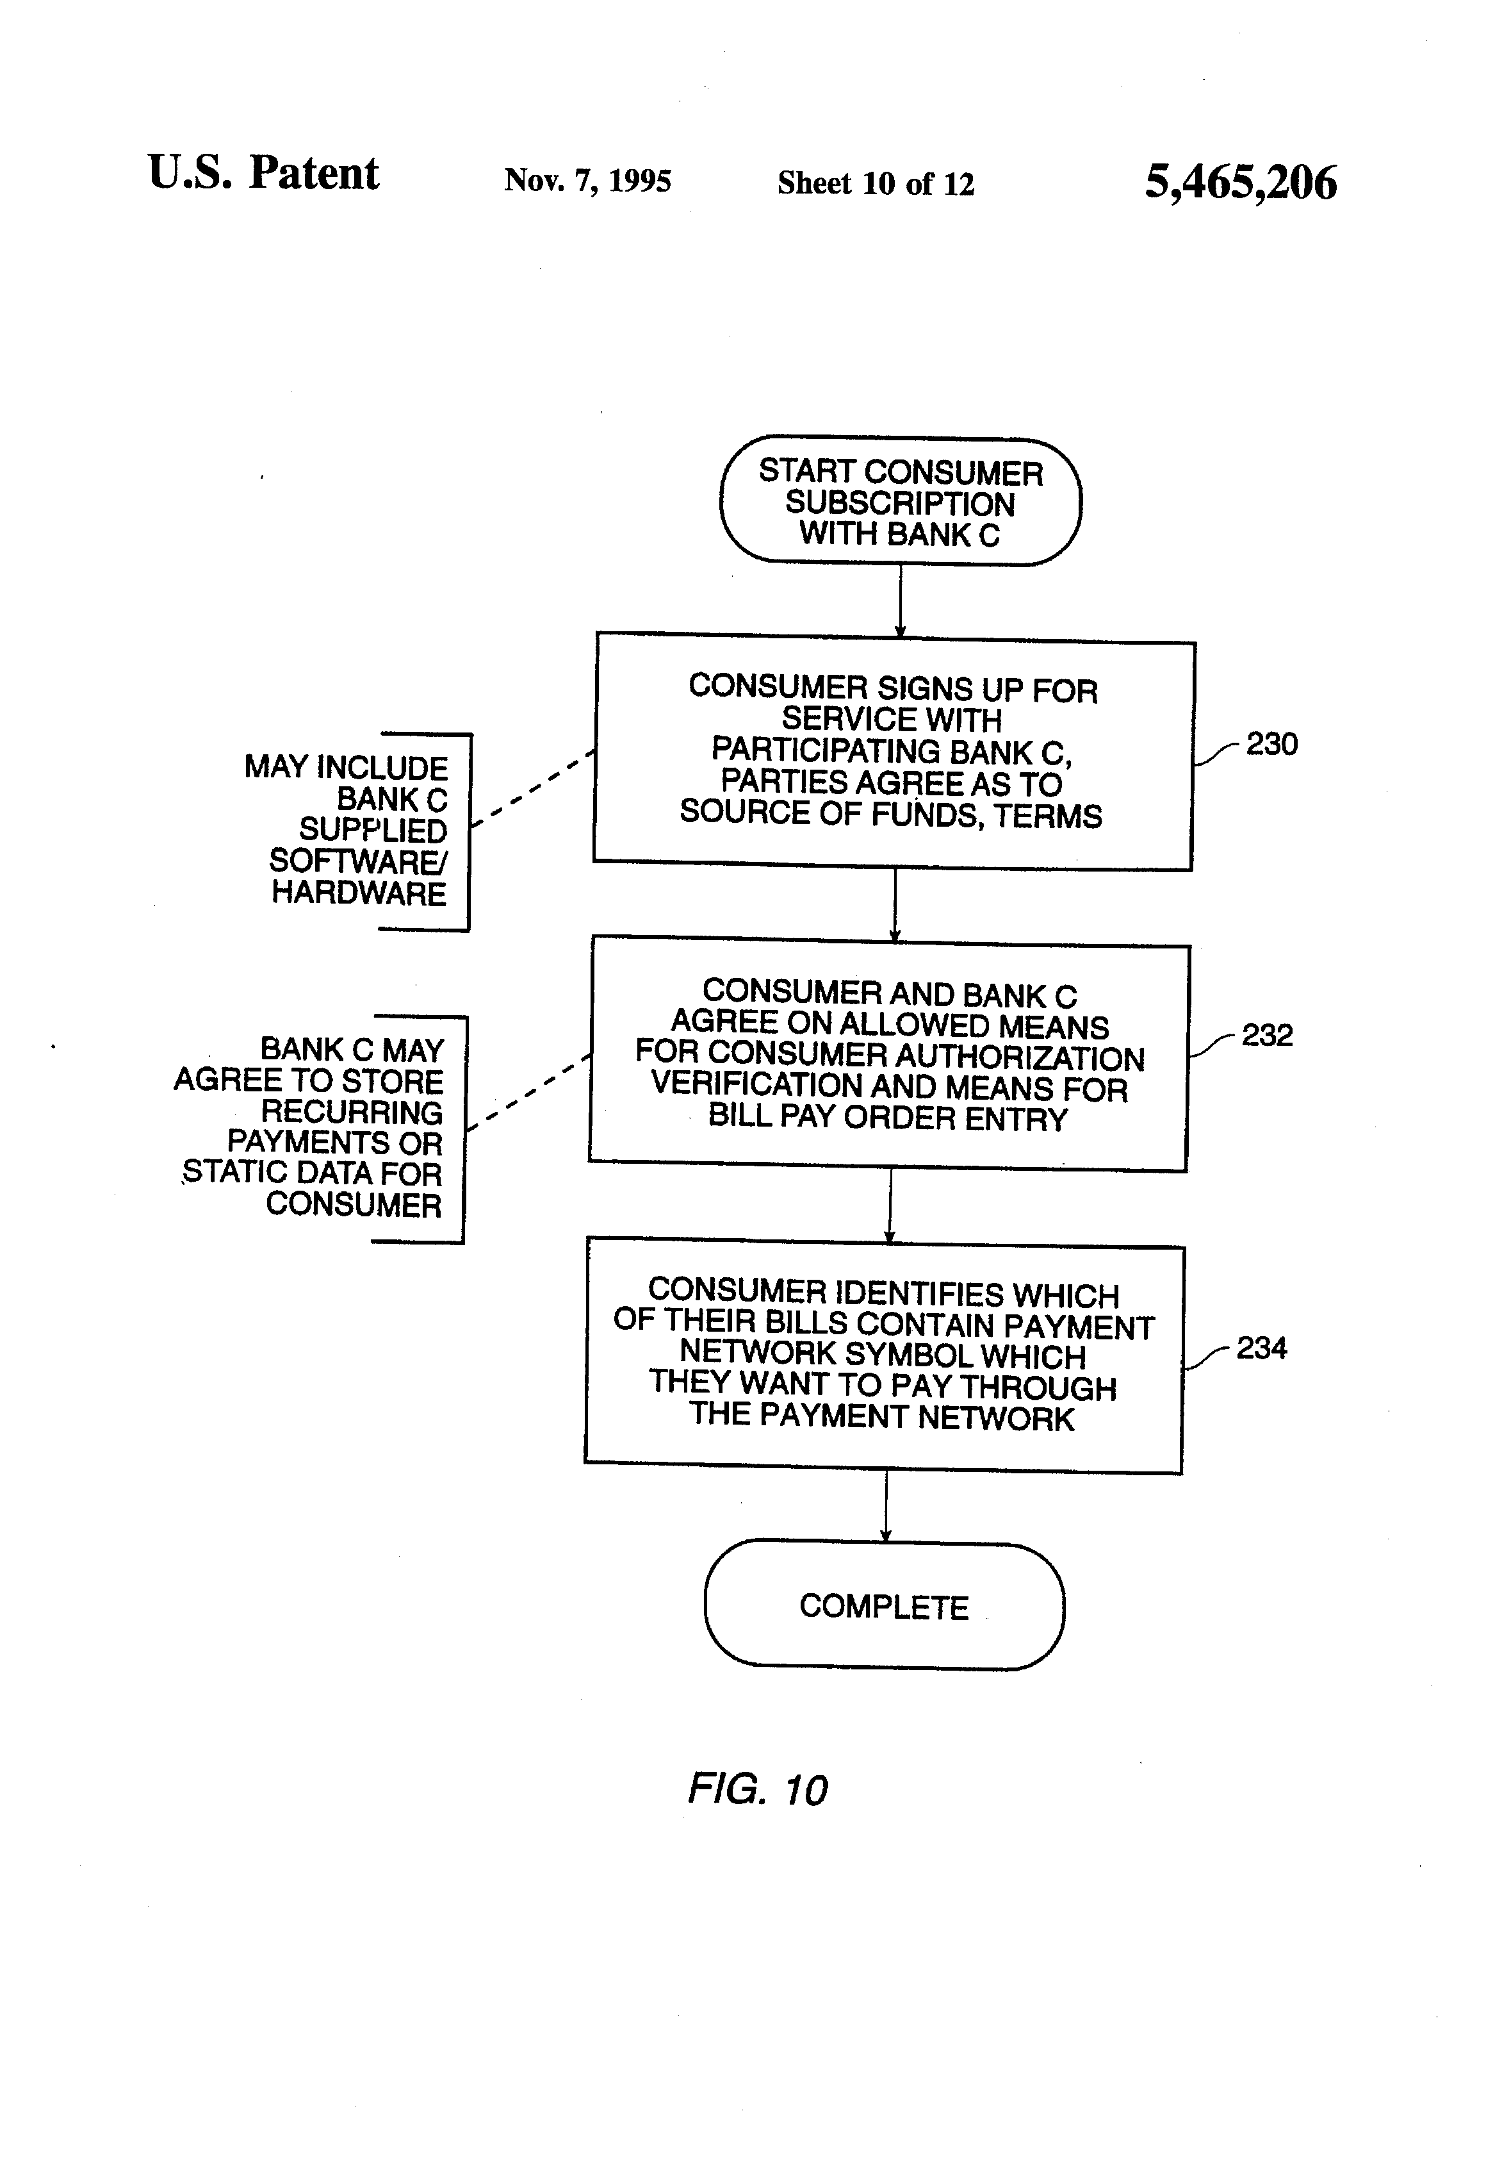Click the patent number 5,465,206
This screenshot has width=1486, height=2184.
pos(1240,182)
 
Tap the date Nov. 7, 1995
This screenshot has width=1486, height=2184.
pos(587,181)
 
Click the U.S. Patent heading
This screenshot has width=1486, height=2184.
pos(263,173)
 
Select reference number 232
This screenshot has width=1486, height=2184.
pos(1267,1036)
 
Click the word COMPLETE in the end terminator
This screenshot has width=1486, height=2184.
pos(884,1607)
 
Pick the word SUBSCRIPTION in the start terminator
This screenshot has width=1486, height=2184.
pos(900,504)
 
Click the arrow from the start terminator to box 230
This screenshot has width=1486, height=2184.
pos(900,600)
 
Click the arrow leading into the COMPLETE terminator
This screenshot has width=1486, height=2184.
pos(885,1507)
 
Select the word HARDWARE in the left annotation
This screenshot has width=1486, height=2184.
pos(359,893)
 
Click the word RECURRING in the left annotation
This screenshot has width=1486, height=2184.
pos(351,1112)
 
